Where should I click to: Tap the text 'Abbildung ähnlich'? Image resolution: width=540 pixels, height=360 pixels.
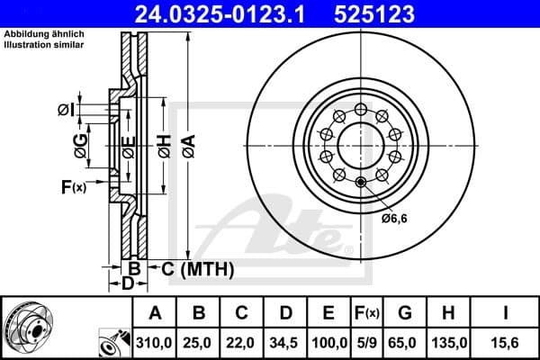(x=43, y=34)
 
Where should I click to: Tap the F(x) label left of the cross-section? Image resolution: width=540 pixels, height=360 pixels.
(x=73, y=187)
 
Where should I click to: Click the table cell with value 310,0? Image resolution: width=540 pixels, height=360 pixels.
(x=155, y=343)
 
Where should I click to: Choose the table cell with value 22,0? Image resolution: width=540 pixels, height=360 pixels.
(x=241, y=343)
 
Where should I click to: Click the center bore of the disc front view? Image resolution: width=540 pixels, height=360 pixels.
(x=360, y=144)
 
